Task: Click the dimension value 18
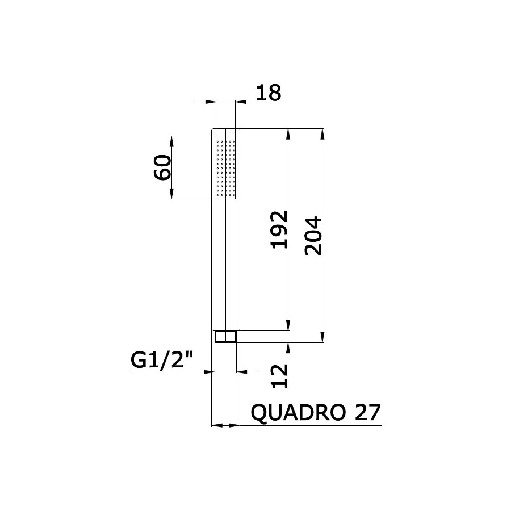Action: tap(268, 93)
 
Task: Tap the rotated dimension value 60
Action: tap(163, 167)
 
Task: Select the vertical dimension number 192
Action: tap(279, 229)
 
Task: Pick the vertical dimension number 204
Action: tap(313, 235)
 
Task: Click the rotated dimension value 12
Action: tap(279, 376)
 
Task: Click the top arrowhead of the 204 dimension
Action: tap(323, 133)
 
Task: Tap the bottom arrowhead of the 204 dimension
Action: tap(323, 338)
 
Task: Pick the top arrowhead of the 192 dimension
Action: tap(289, 133)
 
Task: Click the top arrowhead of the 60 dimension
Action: tap(172, 139)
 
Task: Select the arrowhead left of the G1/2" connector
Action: tap(208, 372)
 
